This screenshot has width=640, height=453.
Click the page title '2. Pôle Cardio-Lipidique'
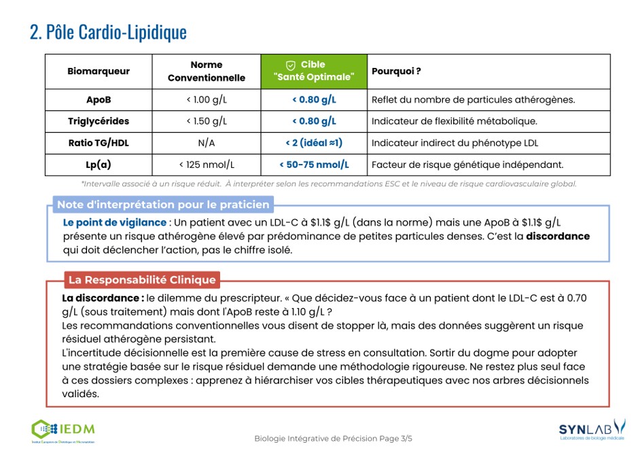click(108, 32)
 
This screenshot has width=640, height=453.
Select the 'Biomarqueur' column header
click(99, 71)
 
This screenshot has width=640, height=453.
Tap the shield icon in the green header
click(290, 65)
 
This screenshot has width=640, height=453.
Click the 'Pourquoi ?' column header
click(396, 71)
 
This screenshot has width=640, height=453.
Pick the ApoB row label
click(99, 100)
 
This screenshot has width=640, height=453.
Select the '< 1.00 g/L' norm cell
click(207, 100)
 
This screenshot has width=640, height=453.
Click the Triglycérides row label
click(99, 121)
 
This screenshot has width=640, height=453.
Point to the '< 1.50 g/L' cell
click(207, 121)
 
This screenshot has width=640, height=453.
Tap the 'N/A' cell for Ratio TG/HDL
click(207, 143)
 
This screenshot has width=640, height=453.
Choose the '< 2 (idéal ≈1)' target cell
click(314, 143)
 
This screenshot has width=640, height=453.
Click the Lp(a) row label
click(99, 165)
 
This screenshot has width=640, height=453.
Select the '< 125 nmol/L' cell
click(207, 165)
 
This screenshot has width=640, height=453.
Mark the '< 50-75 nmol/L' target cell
click(314, 165)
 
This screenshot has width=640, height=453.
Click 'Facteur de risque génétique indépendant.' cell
click(467, 165)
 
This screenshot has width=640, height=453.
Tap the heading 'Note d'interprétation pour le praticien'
click(163, 205)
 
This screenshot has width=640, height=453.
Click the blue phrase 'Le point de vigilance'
click(115, 222)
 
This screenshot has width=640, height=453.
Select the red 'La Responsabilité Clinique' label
click(142, 280)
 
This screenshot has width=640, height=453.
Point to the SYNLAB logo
click(591, 429)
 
